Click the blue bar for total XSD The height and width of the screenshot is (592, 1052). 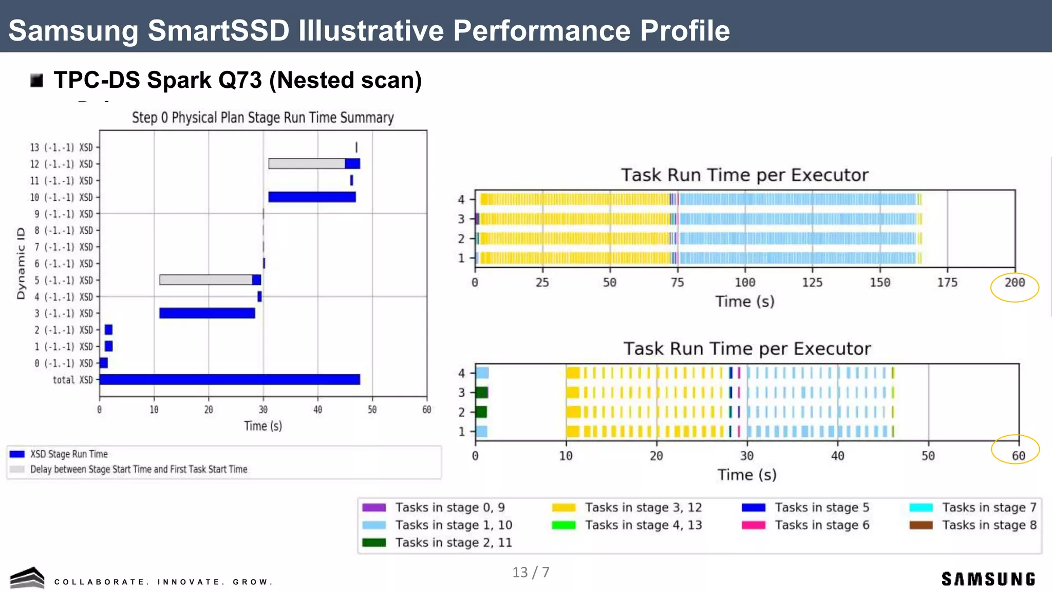pos(229,380)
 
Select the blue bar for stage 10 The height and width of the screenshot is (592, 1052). pos(312,197)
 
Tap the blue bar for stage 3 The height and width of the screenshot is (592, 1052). pos(207,313)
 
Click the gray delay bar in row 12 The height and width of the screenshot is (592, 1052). pos(306,164)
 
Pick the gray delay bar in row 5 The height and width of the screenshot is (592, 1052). pos(205,280)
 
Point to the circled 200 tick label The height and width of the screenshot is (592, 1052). pos(1015,283)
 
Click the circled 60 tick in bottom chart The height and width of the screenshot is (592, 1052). pos(1018,456)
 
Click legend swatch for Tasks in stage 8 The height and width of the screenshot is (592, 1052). pos(920,525)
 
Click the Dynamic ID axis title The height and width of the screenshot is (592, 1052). pos(21,264)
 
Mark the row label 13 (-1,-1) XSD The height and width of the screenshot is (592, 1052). pos(61,147)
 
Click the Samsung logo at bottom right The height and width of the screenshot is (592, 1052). pos(988,579)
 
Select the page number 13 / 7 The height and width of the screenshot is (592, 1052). pos(531,572)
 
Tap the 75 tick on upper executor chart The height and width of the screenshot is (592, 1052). pos(677,283)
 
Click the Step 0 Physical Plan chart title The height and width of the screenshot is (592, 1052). pos(262,118)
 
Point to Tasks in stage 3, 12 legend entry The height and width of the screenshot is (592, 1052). pos(643,508)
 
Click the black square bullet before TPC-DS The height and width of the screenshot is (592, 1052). pos(36,81)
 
